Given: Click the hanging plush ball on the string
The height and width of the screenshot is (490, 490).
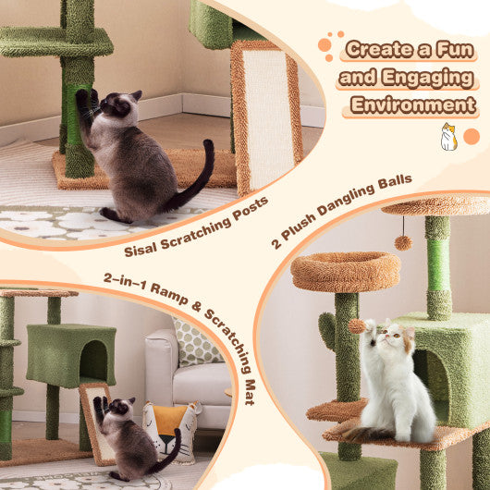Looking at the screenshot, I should pos(403,242).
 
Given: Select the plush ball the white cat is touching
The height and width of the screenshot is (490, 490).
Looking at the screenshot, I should pos(357,325).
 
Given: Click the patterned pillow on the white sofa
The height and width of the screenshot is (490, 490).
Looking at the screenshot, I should pos(196,343).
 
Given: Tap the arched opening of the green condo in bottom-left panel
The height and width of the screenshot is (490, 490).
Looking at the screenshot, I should pos(93,363).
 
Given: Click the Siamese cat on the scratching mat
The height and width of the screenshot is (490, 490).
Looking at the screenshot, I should pos(129,435).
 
